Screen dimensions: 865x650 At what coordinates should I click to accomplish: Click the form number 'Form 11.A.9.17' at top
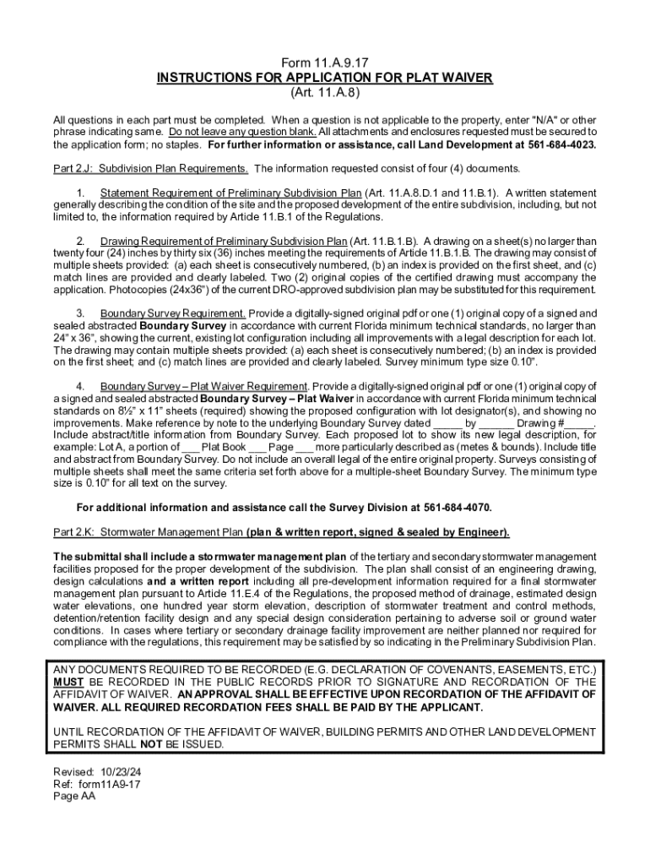point(325,64)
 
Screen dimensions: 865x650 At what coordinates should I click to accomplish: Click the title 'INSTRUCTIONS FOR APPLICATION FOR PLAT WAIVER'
point(325,79)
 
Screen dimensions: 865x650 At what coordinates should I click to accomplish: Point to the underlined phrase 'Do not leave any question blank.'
point(242,133)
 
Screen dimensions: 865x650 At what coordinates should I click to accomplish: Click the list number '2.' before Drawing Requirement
point(81,241)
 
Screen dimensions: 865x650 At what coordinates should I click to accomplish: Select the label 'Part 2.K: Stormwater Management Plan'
point(149,532)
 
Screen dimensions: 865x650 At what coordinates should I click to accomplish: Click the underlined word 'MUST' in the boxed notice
point(68,682)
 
